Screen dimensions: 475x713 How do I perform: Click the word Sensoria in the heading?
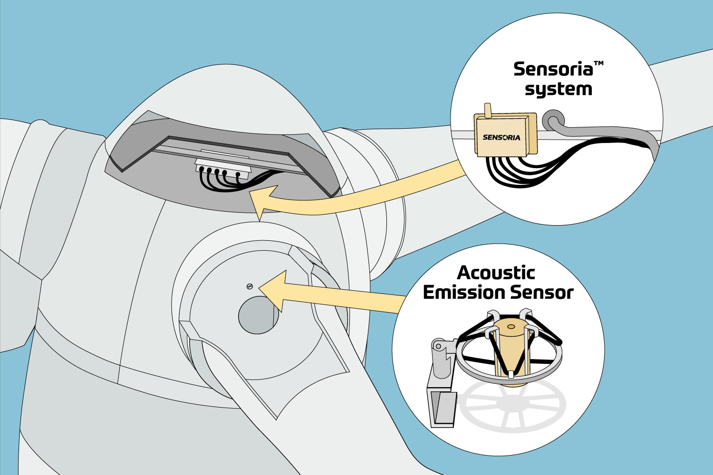553,70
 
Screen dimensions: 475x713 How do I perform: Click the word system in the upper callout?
558,90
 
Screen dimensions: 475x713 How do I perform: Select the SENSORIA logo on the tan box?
501,137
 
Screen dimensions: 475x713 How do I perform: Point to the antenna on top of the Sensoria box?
487,109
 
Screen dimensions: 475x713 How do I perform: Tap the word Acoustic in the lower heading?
496,273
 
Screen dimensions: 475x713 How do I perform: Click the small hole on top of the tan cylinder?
511,327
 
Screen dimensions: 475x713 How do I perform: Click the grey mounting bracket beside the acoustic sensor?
440,380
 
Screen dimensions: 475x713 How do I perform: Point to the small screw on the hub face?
250,285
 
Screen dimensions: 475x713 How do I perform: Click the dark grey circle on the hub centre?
257,315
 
